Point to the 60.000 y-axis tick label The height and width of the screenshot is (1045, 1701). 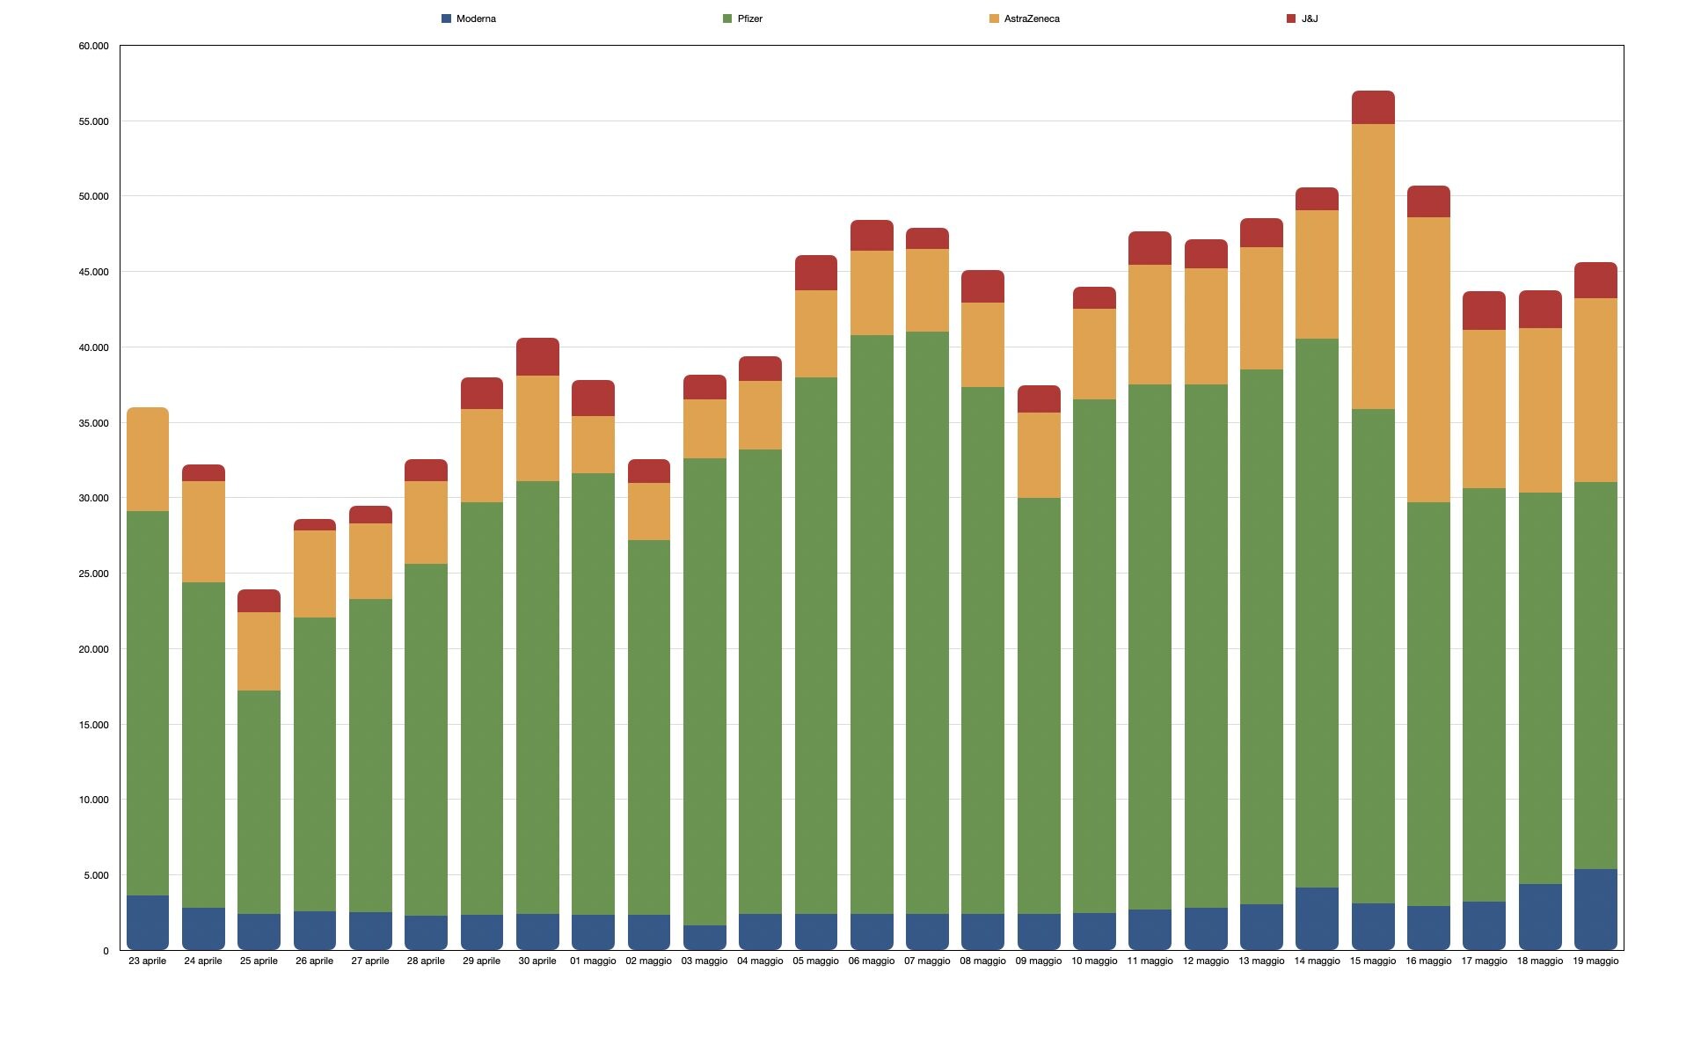94,46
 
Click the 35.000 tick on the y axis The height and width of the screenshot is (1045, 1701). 94,423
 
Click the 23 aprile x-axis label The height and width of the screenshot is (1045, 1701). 147,961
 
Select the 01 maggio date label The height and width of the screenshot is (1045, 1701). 593,961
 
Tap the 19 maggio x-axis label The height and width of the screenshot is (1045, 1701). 1595,961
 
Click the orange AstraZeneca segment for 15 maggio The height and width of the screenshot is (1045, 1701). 1373,266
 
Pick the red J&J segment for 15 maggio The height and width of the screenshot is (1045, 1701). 1373,107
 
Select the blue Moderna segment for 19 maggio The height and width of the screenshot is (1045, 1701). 1595,909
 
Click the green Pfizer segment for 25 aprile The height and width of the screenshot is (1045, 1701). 259,801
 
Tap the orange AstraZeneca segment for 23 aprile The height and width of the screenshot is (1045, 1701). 147,459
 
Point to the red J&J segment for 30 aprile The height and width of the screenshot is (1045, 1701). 537,357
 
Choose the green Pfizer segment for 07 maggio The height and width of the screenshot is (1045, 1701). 927,622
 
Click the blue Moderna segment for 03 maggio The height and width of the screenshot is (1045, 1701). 704,937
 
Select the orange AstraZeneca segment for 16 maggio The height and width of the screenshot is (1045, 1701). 1428,360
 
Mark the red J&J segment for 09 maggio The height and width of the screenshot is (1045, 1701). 1039,399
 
